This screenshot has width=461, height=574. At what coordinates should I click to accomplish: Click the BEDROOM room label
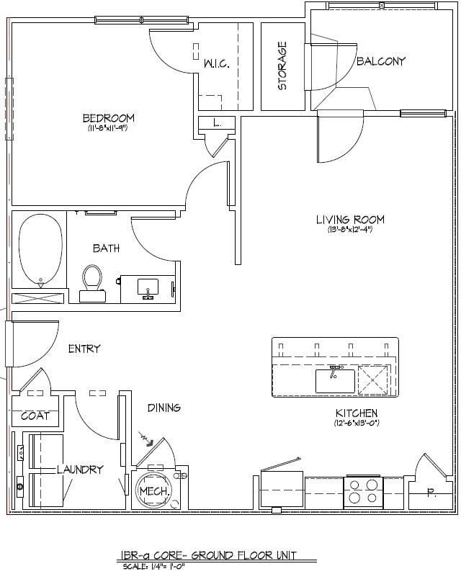[108, 118]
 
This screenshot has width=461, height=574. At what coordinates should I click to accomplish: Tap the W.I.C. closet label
[216, 64]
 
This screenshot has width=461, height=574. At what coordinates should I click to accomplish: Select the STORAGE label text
[282, 66]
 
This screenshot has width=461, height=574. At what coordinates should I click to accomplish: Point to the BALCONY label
[381, 61]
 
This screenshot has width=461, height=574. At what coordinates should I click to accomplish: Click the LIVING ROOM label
[350, 220]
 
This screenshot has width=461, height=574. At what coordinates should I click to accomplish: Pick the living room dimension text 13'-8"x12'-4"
[350, 230]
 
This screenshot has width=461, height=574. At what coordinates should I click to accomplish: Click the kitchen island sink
[335, 380]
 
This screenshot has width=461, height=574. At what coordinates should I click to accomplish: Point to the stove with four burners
[363, 490]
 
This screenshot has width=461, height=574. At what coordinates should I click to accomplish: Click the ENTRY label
[84, 349]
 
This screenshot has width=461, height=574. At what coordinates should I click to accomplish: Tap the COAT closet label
[35, 416]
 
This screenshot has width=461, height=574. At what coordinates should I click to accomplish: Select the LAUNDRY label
[80, 469]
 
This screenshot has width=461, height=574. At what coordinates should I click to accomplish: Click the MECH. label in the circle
[153, 491]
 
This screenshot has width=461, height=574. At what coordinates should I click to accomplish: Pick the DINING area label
[164, 408]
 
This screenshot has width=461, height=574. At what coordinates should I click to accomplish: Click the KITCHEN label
[357, 413]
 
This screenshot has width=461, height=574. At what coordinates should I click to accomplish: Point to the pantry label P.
[431, 494]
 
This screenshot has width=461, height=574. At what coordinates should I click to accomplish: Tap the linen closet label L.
[216, 123]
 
